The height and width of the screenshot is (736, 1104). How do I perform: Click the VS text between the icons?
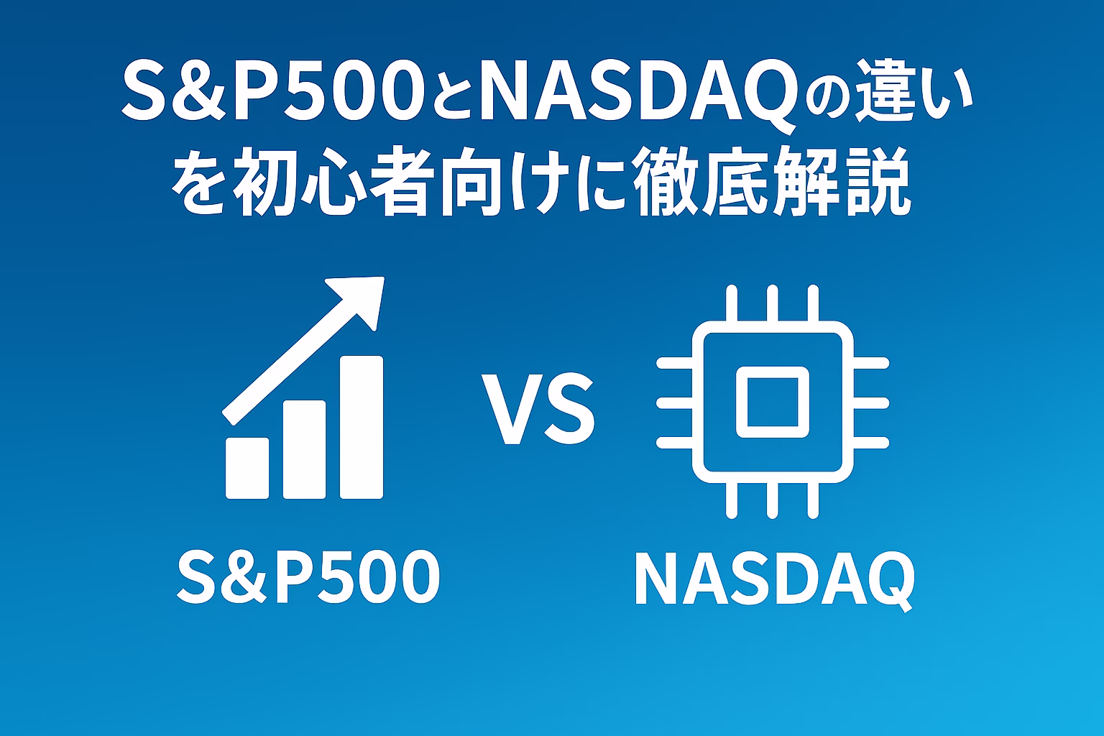click(538, 410)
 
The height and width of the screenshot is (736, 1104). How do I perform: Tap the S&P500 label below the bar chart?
click(308, 576)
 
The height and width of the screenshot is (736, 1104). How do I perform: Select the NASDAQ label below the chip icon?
click(774, 579)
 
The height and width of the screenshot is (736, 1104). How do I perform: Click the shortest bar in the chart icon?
click(247, 468)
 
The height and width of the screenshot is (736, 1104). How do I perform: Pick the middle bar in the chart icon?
click(304, 449)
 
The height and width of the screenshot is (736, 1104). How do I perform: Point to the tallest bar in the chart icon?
click(362, 427)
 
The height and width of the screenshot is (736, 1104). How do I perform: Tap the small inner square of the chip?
click(773, 402)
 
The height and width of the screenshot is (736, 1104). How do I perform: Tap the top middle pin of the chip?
click(773, 303)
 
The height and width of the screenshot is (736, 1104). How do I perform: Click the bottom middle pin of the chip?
click(773, 500)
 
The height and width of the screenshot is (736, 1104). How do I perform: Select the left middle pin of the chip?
click(675, 403)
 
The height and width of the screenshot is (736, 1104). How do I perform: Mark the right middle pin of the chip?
click(871, 403)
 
